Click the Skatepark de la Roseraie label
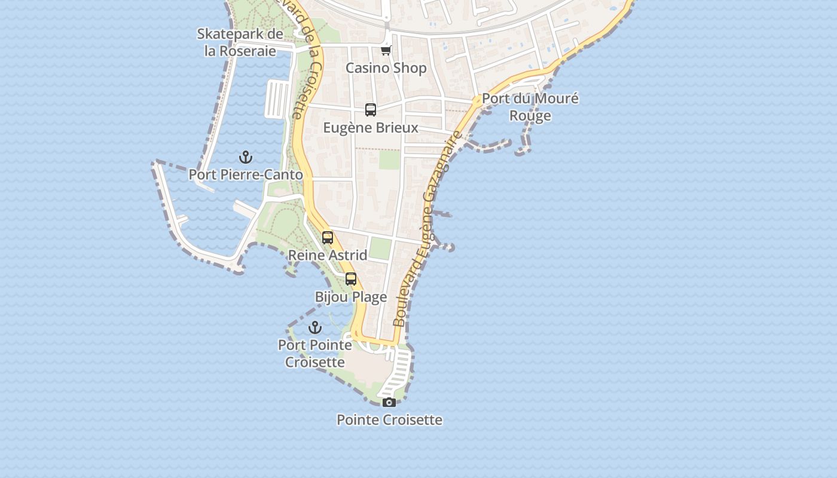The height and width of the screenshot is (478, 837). click(240, 42)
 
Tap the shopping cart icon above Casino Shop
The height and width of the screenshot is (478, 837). click(386, 51)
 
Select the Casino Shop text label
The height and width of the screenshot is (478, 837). click(386, 68)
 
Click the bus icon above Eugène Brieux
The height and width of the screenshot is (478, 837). click(371, 110)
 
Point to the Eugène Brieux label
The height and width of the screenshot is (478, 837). click(371, 128)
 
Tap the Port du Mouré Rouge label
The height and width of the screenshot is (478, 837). click(530, 107)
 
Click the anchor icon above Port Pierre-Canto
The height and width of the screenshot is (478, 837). click(246, 157)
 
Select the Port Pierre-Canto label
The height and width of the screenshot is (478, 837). click(246, 174)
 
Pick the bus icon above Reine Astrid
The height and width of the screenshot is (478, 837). click(328, 237)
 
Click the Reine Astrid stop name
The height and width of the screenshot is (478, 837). click(328, 255)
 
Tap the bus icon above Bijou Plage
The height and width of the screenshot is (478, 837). click(351, 279)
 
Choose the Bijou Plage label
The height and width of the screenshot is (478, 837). click(351, 297)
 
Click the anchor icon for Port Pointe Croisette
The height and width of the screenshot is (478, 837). click(315, 327)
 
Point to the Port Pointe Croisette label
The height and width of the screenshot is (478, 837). click(315, 353)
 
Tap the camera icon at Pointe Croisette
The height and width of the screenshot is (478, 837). click(389, 402)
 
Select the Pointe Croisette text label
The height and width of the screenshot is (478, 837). click(389, 419)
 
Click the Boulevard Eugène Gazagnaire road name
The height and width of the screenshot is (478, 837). click(427, 230)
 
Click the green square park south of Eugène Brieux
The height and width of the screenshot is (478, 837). click(389, 160)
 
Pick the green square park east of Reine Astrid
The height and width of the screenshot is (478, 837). click(380, 248)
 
